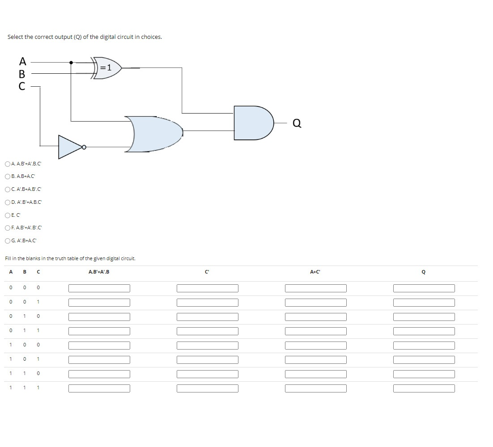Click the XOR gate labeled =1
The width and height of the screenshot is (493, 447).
click(106, 68)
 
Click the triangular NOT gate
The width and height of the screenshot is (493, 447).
click(69, 146)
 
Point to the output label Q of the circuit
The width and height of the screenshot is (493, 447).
click(297, 123)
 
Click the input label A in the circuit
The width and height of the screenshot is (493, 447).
click(22, 61)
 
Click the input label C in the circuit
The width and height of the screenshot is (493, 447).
click(22, 86)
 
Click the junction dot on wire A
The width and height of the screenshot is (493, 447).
click(71, 63)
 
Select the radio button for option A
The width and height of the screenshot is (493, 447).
click(8, 164)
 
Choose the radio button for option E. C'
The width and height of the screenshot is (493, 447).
click(8, 215)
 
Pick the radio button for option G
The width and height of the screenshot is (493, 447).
click(8, 241)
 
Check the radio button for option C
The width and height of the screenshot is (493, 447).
click(8, 189)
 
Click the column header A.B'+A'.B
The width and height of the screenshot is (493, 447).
click(99, 272)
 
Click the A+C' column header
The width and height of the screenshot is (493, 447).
click(315, 272)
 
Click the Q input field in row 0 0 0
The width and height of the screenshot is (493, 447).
click(424, 289)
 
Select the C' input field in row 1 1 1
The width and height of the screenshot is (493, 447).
click(207, 388)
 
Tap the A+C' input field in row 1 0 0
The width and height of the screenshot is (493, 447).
click(315, 346)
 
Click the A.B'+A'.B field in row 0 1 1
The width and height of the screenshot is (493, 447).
click(99, 331)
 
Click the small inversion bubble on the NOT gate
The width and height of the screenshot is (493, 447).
click(83, 146)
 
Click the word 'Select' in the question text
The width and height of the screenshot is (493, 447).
click(15, 37)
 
